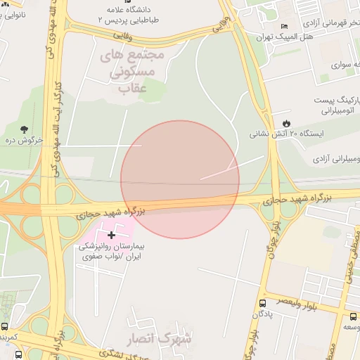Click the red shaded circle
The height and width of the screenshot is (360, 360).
(180, 179)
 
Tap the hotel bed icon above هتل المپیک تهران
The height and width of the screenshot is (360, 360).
(283, 26)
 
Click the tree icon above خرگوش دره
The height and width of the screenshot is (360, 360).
(25, 129)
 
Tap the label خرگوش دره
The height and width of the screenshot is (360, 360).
(25, 141)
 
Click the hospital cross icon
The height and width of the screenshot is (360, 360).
(111, 234)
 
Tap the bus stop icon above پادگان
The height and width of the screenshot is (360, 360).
(264, 315)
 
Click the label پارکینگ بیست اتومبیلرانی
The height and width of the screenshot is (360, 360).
(336, 105)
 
